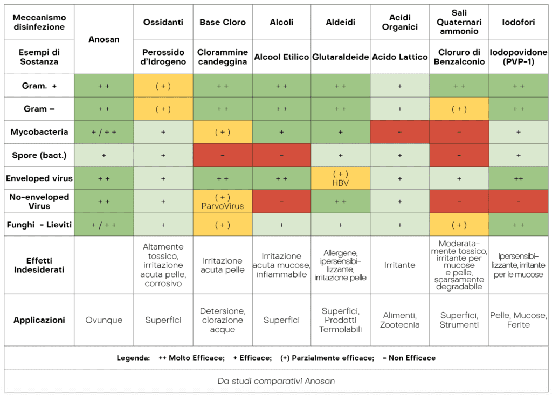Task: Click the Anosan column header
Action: [103, 39]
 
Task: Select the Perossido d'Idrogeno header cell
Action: [163, 57]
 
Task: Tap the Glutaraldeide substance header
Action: [340, 57]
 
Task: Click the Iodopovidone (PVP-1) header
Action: [518, 57]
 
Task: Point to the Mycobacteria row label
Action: [39, 131]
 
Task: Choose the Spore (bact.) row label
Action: [39, 155]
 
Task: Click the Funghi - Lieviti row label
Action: [39, 224]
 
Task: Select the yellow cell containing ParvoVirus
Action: [223, 201]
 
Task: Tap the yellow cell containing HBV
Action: [340, 178]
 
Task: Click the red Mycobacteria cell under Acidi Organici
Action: [399, 131]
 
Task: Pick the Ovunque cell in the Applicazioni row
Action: [103, 320]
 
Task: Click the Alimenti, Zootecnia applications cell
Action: [399, 320]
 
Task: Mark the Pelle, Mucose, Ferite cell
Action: [518, 320]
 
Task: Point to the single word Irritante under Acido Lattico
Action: [399, 265]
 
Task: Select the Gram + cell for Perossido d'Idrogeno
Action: [163, 86]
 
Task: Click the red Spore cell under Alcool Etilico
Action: [281, 155]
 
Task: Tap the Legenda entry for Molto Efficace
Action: [191, 358]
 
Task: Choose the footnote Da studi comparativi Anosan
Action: [276, 381]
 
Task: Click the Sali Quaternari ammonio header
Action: [459, 22]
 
